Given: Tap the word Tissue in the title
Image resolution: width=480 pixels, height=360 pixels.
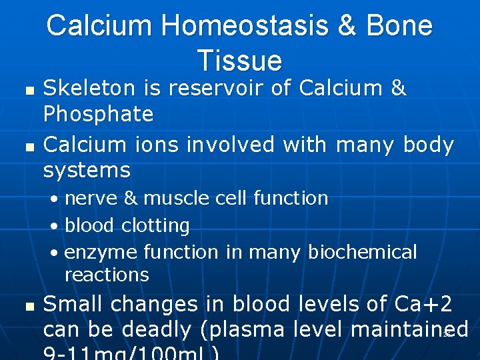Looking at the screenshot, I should coord(239,61).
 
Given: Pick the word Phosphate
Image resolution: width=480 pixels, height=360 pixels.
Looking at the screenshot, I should coord(98,115).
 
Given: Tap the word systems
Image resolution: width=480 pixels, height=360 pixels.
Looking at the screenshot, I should coord(86,171).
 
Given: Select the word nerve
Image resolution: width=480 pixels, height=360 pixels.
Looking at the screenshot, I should coord(91,199).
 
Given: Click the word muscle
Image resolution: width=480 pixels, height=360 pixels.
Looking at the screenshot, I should coord(175,199).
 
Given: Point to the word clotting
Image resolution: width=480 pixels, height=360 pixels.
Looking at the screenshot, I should coord(155,226).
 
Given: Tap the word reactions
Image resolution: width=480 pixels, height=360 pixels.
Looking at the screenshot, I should coord(106,275).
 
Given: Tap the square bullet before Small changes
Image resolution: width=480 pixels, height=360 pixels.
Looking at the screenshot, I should coord(27,306).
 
